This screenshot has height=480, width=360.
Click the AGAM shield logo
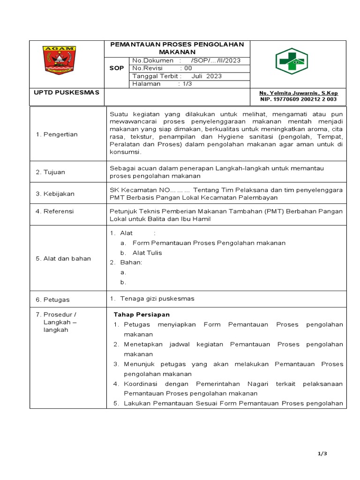pyautogui.click(x=59, y=60)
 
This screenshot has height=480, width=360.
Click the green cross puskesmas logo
pyautogui.click(x=291, y=61)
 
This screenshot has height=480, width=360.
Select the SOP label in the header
pyautogui.click(x=117, y=68)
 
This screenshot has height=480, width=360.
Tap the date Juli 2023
pyautogui.click(x=207, y=76)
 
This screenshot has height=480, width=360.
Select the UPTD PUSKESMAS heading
pyautogui.click(x=67, y=92)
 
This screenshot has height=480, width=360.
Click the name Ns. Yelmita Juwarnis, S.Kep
pyautogui.click(x=299, y=93)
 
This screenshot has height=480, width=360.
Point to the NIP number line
pyautogui.click(x=299, y=99)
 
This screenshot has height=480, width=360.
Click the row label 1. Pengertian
pyautogui.click(x=57, y=135)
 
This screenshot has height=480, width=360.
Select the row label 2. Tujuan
pyautogui.click(x=51, y=172)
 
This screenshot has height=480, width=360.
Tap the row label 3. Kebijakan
pyautogui.click(x=55, y=194)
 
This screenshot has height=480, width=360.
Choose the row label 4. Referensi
pyautogui.click(x=55, y=211)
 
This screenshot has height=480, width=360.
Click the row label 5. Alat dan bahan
pyautogui.click(x=63, y=258)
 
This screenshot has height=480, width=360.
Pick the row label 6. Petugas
pyautogui.click(x=53, y=299)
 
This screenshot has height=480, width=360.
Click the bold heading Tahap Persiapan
pyautogui.click(x=142, y=314)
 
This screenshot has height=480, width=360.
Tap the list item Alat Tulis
pyautogui.click(x=147, y=253)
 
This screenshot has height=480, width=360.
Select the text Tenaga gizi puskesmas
pyautogui.click(x=157, y=299)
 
